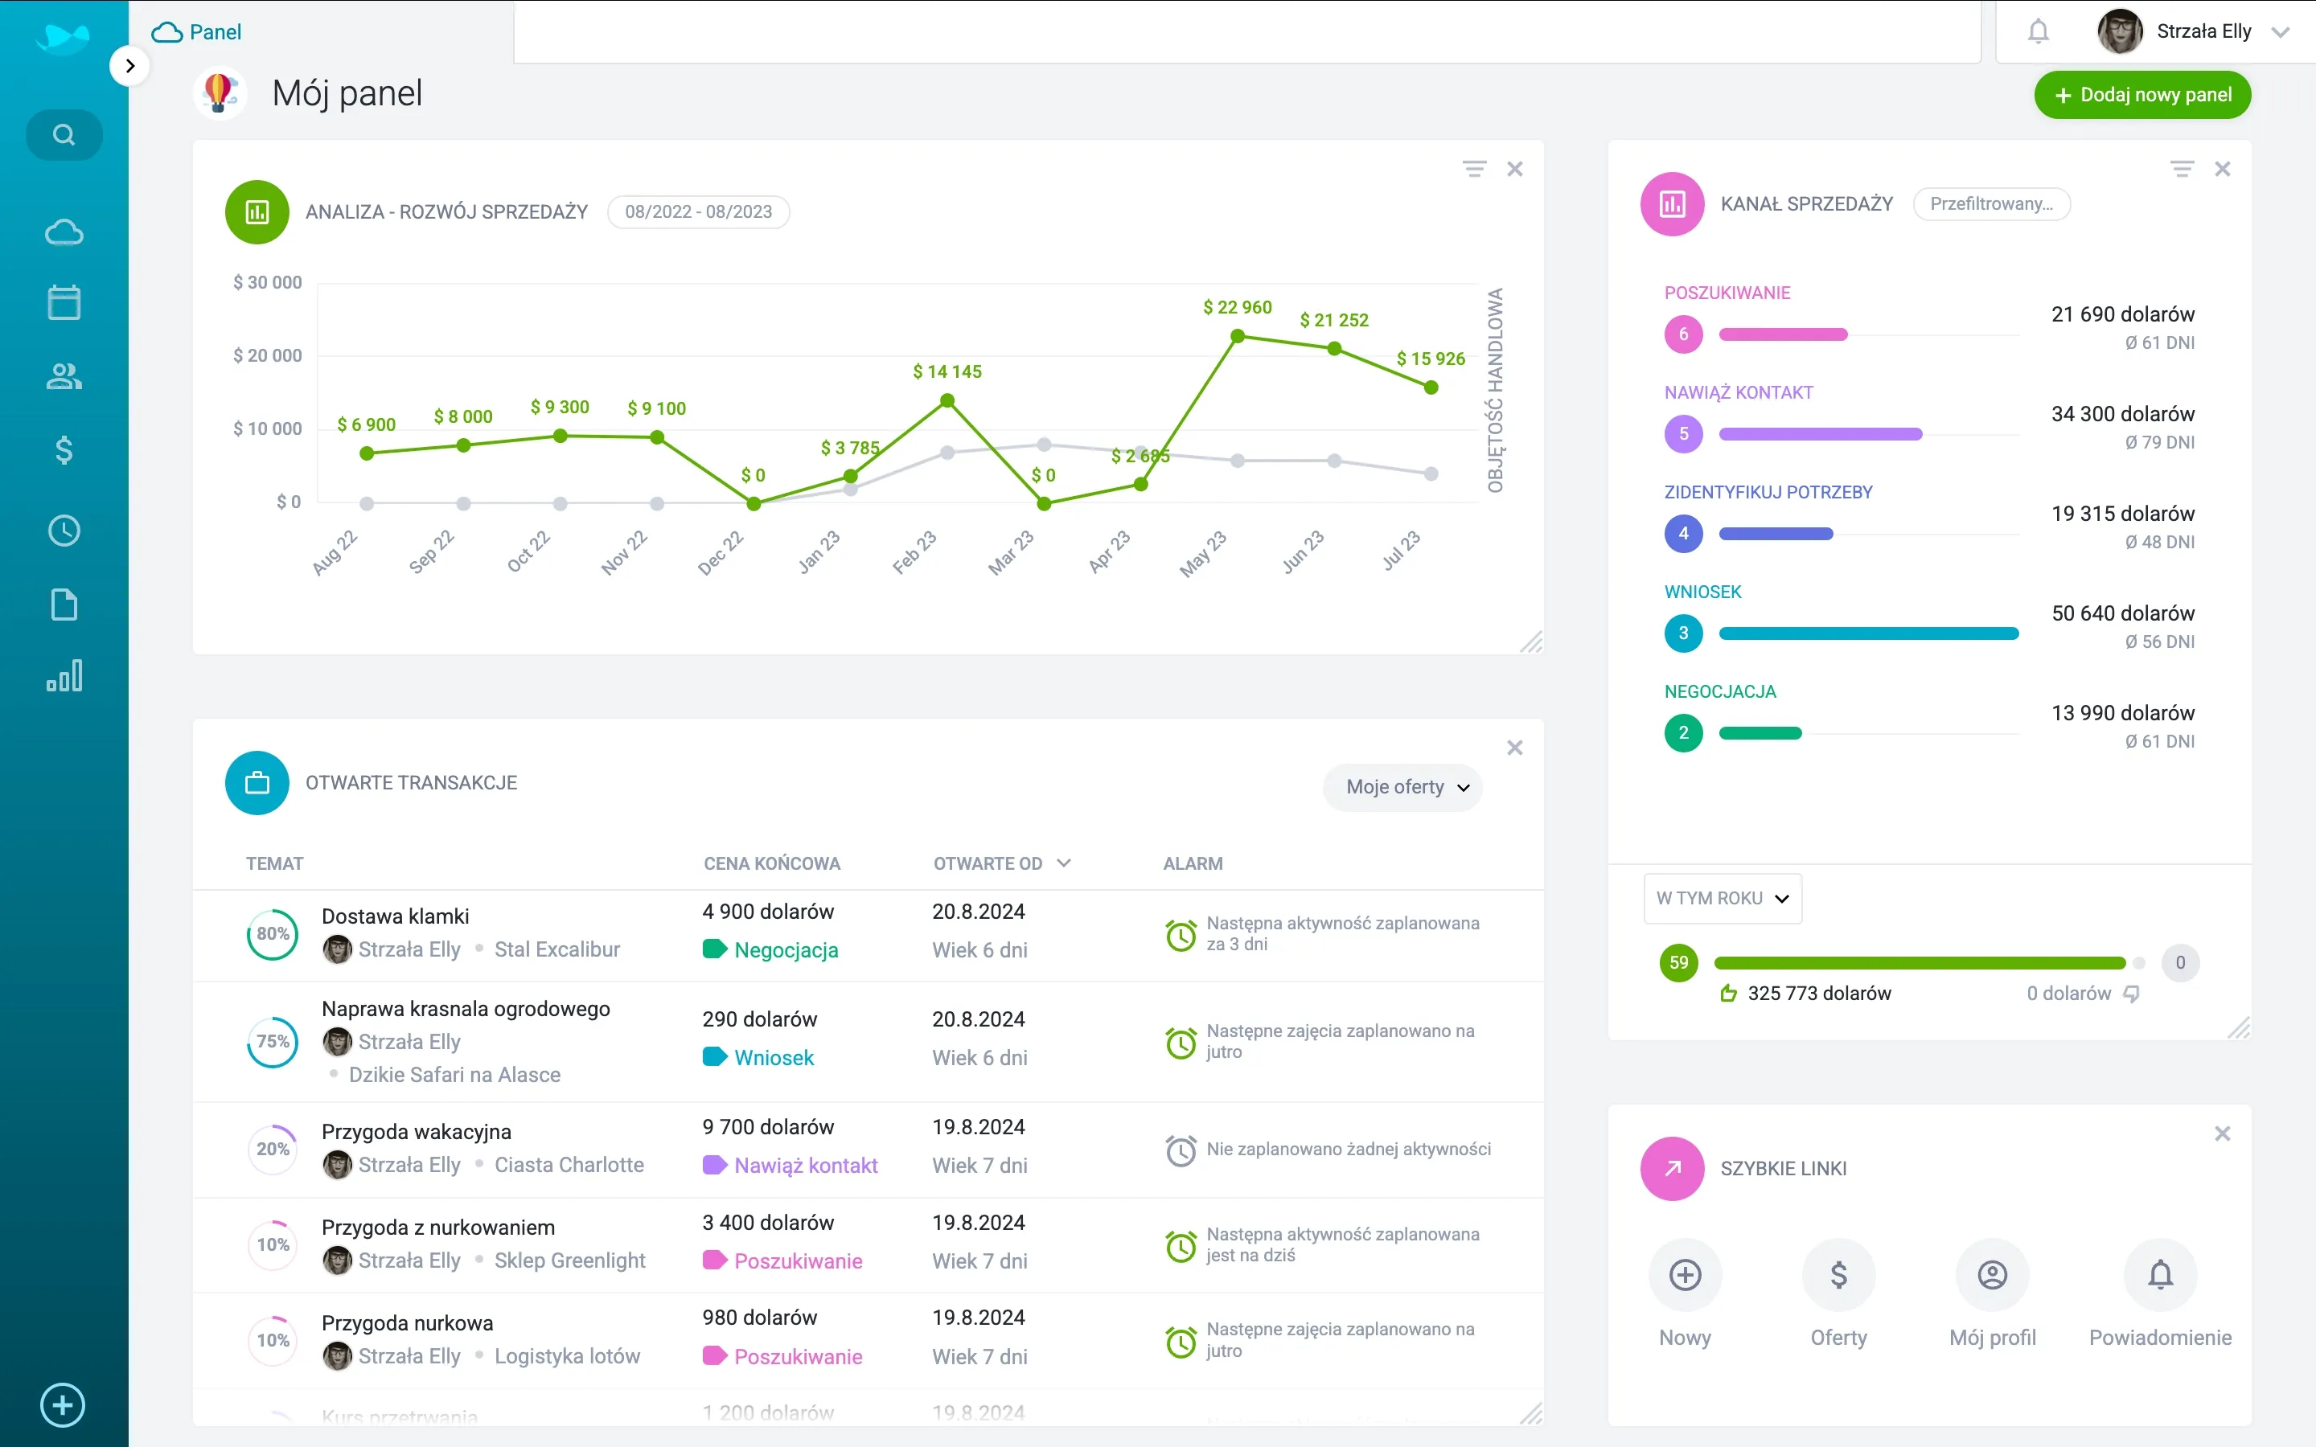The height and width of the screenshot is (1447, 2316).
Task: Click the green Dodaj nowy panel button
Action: tap(2141, 95)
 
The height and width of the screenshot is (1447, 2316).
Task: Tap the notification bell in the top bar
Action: tap(2038, 31)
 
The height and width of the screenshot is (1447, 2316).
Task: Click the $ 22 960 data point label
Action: tap(1237, 307)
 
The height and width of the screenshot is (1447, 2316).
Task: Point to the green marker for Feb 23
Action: tap(947, 401)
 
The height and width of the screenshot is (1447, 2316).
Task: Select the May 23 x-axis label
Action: tap(1203, 553)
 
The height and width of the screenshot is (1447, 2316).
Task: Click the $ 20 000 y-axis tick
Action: tap(267, 355)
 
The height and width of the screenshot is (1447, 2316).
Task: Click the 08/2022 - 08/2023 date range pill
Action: tap(698, 211)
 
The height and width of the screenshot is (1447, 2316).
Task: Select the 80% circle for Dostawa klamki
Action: tap(273, 934)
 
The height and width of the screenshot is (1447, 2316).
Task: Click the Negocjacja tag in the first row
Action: tap(785, 950)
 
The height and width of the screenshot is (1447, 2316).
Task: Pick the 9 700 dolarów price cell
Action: tap(767, 1126)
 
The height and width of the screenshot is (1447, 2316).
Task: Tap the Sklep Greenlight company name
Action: tap(569, 1260)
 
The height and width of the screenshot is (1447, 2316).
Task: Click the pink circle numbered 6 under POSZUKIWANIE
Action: tap(1683, 334)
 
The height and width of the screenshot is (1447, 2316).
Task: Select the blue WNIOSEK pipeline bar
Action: tap(1868, 633)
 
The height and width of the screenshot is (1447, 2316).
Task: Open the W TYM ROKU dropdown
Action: tap(1722, 898)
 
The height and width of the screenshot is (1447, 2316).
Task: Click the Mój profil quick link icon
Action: tap(1992, 1275)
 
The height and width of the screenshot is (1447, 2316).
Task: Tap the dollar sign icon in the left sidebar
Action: tap(64, 450)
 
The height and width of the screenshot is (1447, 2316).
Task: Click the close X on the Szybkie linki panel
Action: tap(2222, 1133)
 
